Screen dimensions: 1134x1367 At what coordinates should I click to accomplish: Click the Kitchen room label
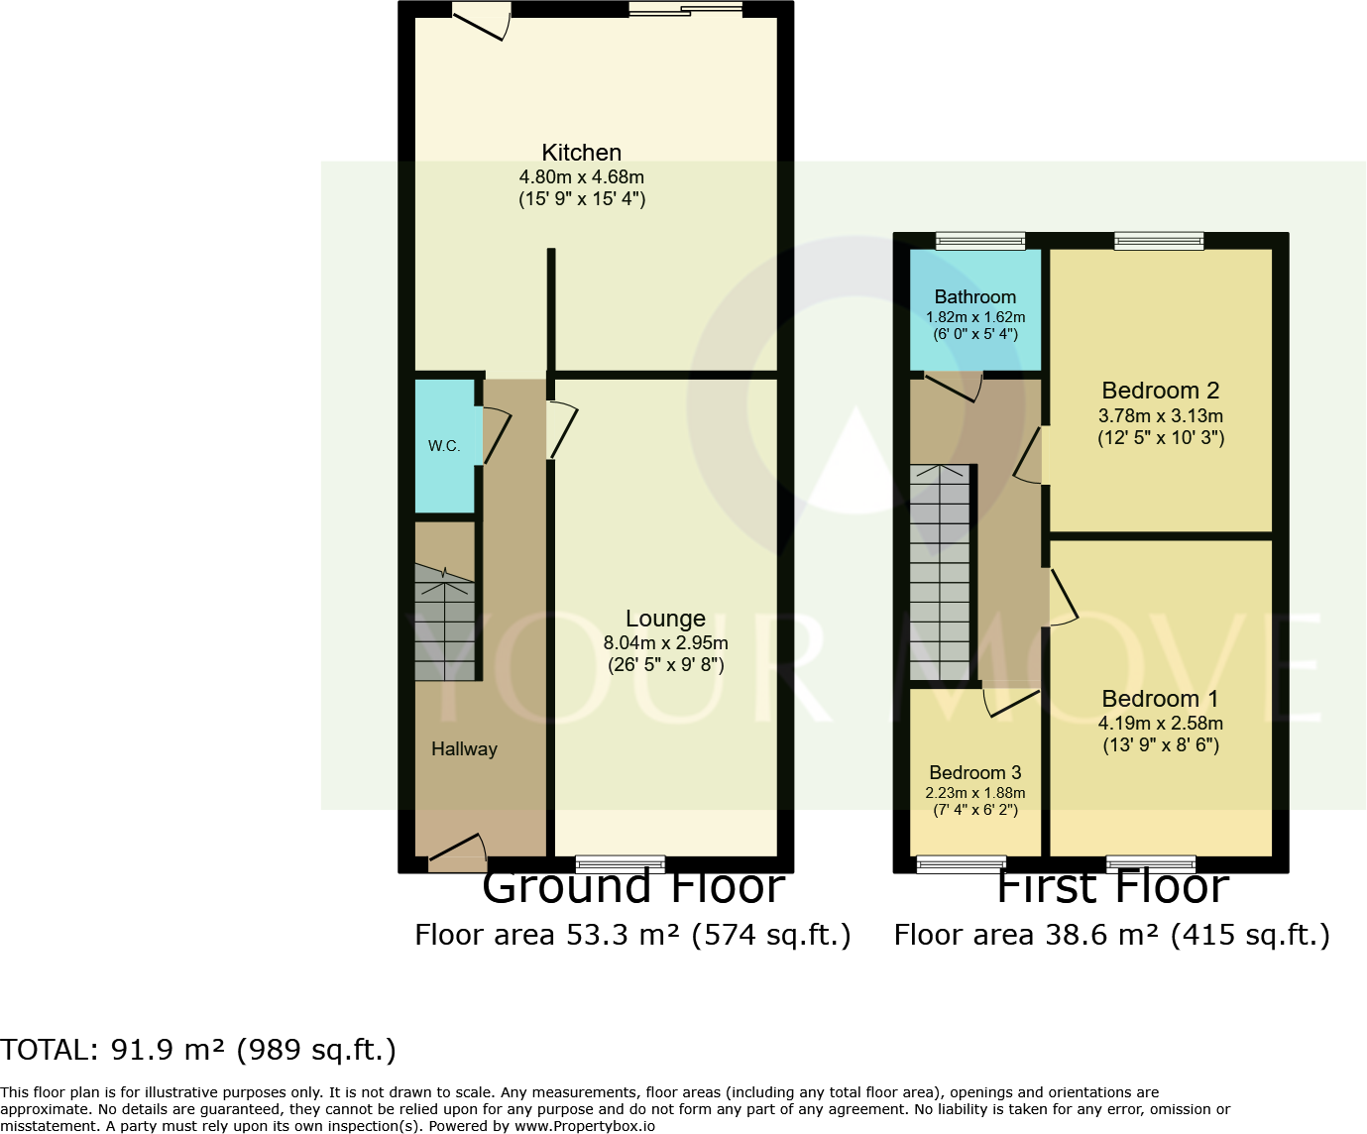581,153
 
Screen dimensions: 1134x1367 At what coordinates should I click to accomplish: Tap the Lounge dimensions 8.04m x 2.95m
665,642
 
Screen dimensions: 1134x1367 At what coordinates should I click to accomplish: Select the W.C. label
443,446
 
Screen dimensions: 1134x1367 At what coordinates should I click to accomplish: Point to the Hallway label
464,749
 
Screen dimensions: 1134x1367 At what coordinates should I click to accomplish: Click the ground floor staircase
444,624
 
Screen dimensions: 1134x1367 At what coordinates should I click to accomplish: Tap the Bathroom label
974,297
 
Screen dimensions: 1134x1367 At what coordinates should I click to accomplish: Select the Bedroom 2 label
1160,391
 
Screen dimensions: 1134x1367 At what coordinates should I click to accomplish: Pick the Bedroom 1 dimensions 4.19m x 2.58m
1160,724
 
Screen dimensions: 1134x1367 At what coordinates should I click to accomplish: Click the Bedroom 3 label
974,772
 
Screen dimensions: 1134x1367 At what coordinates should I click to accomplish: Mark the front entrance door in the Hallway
457,851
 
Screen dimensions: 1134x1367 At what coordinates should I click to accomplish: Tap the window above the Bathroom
980,240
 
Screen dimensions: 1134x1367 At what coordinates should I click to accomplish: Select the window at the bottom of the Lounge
620,863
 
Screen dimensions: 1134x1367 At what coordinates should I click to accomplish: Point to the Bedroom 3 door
1010,702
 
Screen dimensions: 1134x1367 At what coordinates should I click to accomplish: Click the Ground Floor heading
633,887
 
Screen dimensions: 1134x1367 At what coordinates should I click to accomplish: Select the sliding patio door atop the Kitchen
685,10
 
